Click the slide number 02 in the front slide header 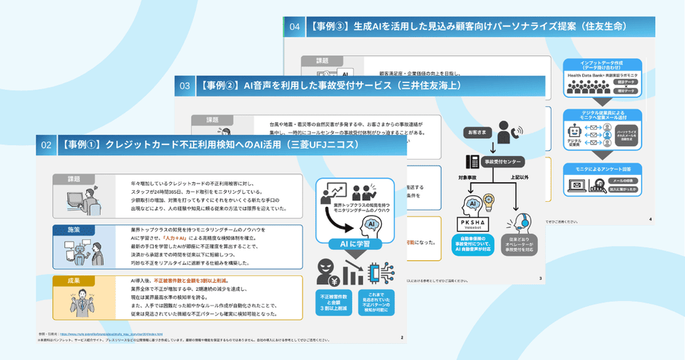coord(46,145)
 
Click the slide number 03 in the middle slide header coord(185,85)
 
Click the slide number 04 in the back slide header coord(294,27)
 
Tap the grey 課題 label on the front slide coord(74,179)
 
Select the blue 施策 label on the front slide coord(74,230)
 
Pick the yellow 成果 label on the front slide coord(74,280)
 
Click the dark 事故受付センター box coord(500,161)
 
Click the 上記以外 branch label coord(520,177)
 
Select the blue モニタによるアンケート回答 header coord(602,170)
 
